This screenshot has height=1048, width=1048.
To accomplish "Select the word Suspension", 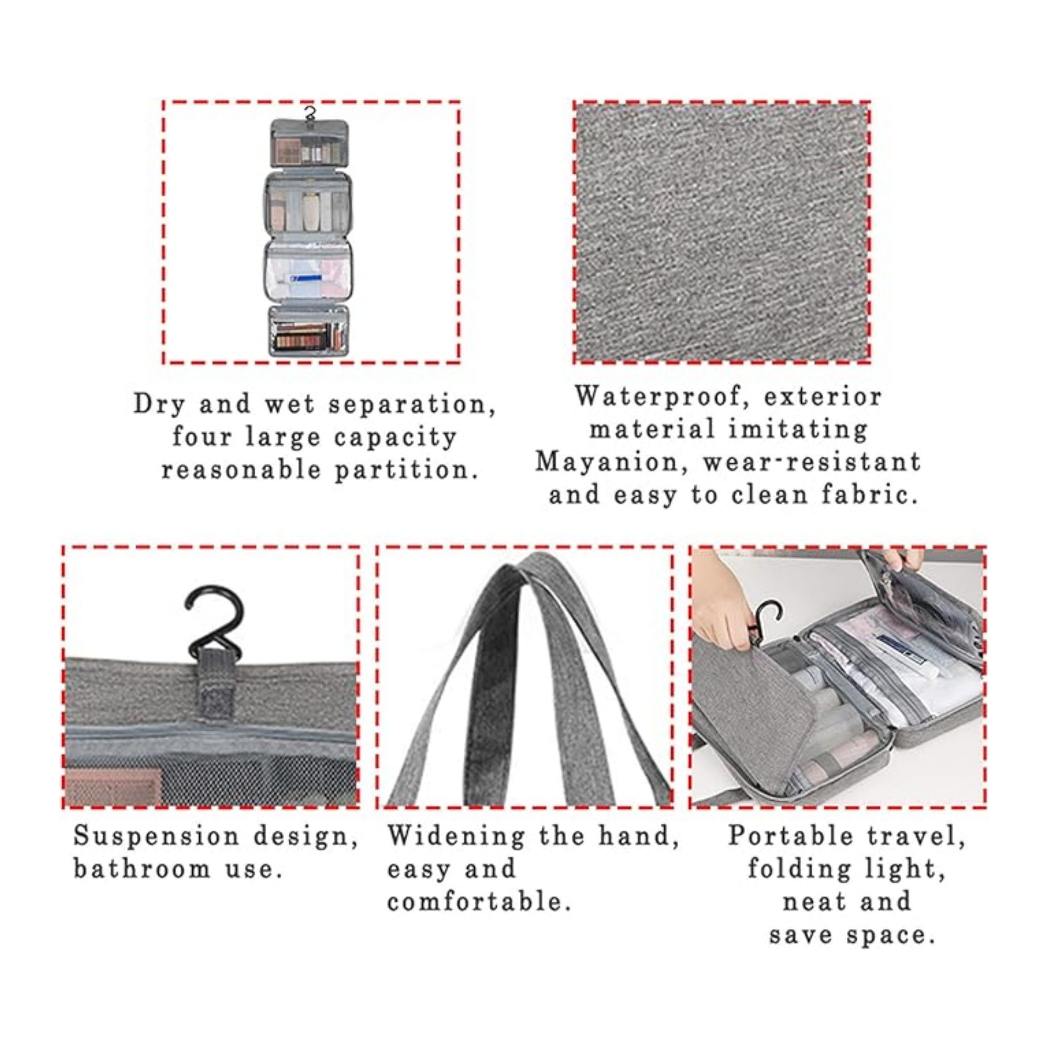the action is coord(156,836).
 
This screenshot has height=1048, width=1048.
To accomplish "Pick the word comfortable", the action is coord(479,902).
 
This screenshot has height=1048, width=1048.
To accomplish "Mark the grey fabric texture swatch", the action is coord(722,232).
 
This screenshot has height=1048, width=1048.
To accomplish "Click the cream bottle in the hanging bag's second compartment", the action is coord(311,209).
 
